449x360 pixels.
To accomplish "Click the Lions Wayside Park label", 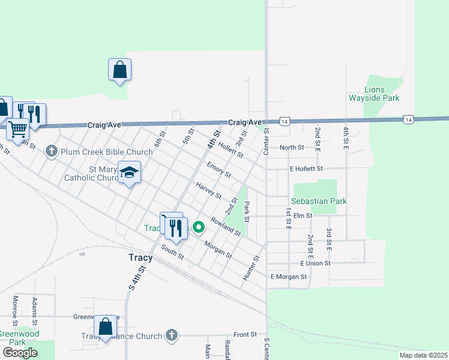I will click(374, 93).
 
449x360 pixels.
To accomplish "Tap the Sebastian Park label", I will click(319, 201).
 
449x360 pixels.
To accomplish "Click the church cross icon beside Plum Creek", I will click(52, 151).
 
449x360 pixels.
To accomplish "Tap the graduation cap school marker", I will click(129, 173).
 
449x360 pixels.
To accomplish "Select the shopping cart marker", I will click(17, 128).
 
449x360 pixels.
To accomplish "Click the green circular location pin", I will click(197, 227).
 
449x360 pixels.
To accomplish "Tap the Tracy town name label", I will click(140, 257).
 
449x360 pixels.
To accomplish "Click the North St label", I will click(292, 148).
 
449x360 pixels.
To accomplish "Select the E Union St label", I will click(315, 263).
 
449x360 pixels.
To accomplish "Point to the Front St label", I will click(245, 334).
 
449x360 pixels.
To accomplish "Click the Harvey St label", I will click(208, 190).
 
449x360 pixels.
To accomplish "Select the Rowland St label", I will click(225, 227).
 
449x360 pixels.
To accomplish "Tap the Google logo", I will click(20, 353).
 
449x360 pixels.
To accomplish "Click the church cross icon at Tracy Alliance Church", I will click(172, 335).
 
